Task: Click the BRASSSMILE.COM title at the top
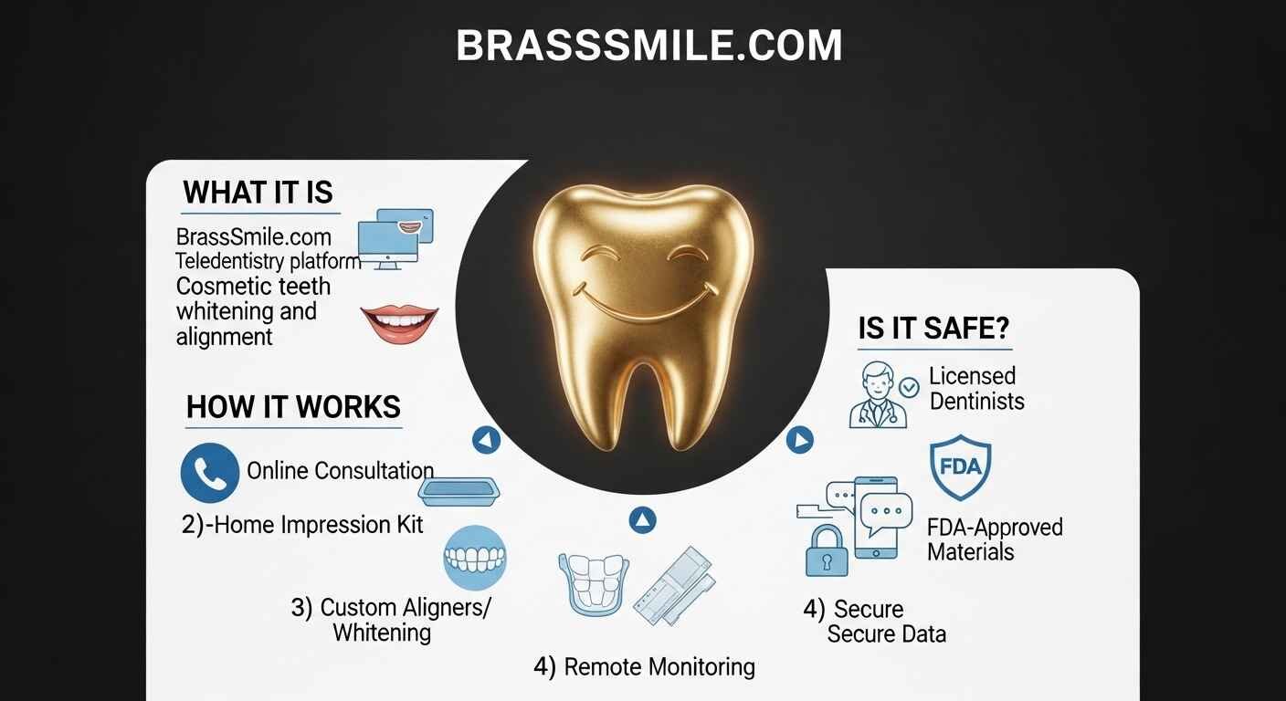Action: pos(648,46)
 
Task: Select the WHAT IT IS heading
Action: pos(258,193)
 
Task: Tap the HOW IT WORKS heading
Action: pos(293,407)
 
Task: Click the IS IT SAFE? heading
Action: pos(933,329)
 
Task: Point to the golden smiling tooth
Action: pos(642,310)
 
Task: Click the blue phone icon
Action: pos(210,472)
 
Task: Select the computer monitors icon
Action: pos(395,237)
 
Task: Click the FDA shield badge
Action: pos(960,467)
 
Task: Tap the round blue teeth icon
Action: pos(474,556)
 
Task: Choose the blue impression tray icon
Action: pos(461,491)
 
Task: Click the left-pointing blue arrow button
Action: pos(487,441)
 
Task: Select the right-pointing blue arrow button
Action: pos(799,441)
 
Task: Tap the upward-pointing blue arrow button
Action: pos(644,520)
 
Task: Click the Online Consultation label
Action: pos(340,471)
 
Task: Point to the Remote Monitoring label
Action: pos(644,666)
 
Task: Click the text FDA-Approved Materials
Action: pos(994,539)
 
